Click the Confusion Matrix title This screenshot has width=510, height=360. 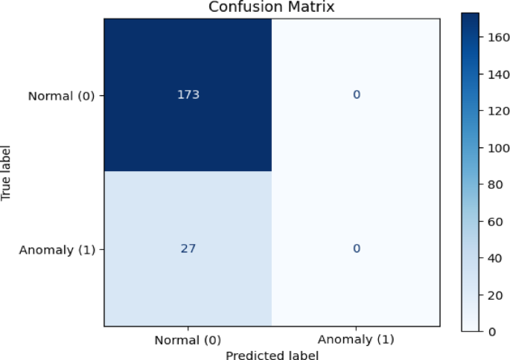click(272, 7)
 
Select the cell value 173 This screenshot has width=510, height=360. click(188, 95)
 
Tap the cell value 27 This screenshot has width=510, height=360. click(188, 248)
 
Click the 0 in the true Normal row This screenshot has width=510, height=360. click(357, 95)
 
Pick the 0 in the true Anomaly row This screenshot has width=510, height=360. click(357, 248)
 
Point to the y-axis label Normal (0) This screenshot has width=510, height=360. click(61, 95)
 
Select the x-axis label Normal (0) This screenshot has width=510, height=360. click(188, 341)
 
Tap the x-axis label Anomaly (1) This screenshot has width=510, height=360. click(357, 341)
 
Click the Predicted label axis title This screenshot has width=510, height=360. click(272, 355)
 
